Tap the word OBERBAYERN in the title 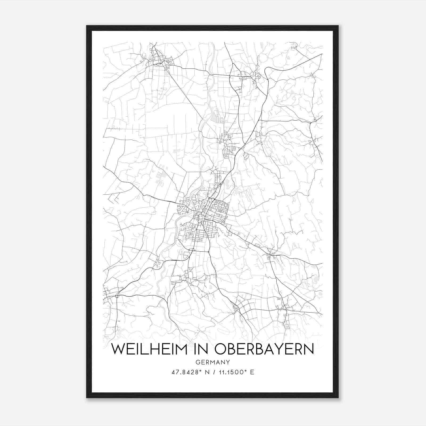(x=264, y=349)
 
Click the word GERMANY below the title (x=212, y=362)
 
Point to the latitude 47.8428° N (x=189, y=372)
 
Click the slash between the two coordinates (x=212, y=372)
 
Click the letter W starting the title (x=118, y=349)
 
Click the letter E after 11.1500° (x=252, y=372)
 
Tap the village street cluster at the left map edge (x=109, y=294)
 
